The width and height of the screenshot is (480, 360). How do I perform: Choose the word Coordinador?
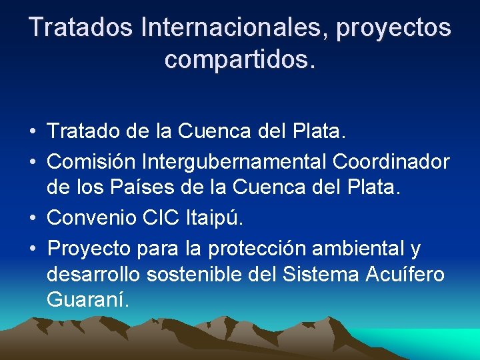tap(391, 161)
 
